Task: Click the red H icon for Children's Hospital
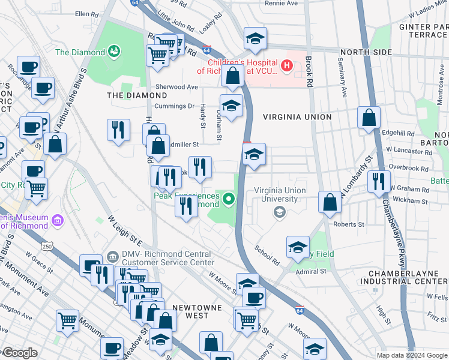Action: (287, 65)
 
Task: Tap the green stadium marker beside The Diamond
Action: (113, 52)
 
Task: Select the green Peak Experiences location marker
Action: (228, 197)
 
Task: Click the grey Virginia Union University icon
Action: (279, 211)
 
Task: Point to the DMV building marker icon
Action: (112, 257)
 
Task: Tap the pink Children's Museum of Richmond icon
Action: (57, 220)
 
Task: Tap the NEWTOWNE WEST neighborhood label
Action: (197, 307)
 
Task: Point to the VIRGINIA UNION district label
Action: (296, 116)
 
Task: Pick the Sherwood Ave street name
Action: (176, 87)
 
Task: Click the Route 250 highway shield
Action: (47, 246)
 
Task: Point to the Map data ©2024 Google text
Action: (412, 355)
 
